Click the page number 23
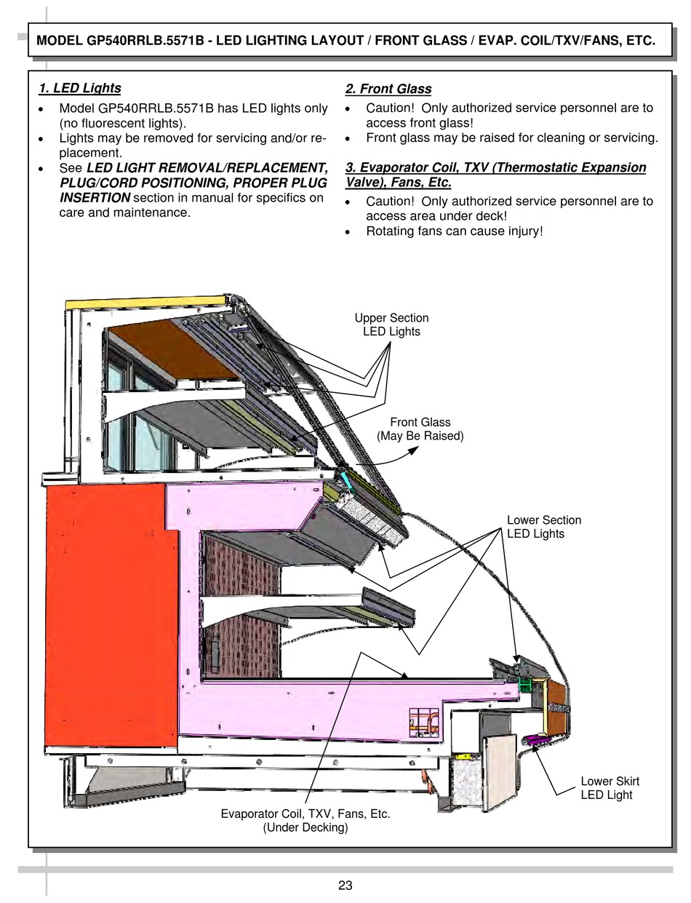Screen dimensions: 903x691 click(345, 886)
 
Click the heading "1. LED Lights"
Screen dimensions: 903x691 click(80, 89)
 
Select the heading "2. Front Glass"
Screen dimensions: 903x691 click(388, 89)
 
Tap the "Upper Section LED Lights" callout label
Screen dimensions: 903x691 click(391, 325)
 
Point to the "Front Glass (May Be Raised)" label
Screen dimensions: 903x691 click(420, 429)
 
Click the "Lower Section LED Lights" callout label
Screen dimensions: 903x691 click(543, 527)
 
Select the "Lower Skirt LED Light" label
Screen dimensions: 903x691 click(610, 788)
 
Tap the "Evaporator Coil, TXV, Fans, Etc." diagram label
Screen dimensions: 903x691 click(305, 814)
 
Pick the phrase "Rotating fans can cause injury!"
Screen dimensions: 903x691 click(455, 231)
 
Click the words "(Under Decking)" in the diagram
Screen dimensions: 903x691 click(305, 828)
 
